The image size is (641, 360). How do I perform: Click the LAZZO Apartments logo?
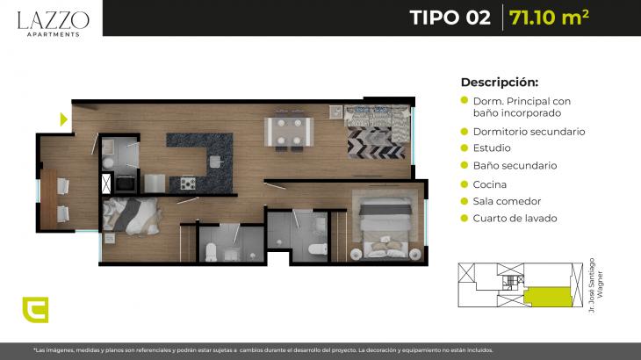[x=54, y=24]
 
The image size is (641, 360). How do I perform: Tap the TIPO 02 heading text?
[x=450, y=18]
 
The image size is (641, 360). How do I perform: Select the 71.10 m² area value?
[x=549, y=18]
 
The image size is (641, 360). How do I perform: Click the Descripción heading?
[x=500, y=83]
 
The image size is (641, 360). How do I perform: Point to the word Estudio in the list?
[x=492, y=148]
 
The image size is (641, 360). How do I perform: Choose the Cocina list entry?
[x=490, y=184]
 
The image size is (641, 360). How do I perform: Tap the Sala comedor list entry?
[x=507, y=201]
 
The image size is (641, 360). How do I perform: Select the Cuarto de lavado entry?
[x=515, y=219]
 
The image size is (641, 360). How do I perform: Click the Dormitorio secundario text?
[x=529, y=132]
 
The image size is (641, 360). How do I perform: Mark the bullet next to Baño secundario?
[x=464, y=165]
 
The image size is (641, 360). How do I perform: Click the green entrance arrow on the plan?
[x=64, y=119]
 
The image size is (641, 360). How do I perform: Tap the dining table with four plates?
[x=289, y=132]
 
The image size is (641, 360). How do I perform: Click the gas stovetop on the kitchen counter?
[x=188, y=184]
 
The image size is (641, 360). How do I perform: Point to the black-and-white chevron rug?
[x=376, y=142]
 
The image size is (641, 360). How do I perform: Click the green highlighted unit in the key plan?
[x=548, y=297]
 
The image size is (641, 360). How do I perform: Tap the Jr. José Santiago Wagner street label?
[x=595, y=285]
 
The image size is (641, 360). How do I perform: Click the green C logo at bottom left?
[x=36, y=310]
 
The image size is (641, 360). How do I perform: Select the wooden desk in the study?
[x=48, y=199]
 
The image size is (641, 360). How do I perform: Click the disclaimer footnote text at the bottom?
[x=263, y=350]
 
